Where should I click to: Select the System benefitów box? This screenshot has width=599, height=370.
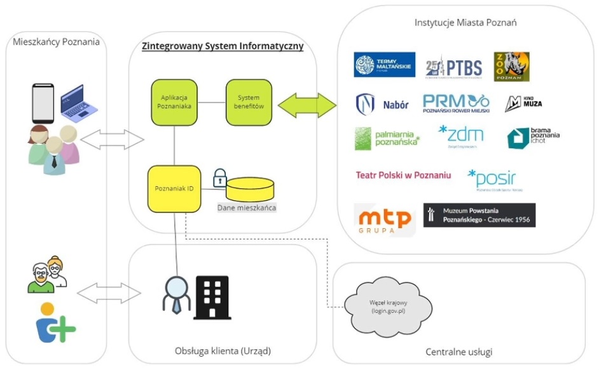pyautogui.click(x=249, y=102)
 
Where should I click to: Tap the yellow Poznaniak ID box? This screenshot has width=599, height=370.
pyautogui.click(x=174, y=189)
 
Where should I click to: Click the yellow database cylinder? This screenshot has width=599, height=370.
pyautogui.click(x=251, y=189)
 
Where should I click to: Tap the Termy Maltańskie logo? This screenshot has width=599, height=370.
pyautogui.click(x=385, y=65)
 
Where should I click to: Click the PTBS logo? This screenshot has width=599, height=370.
pyautogui.click(x=453, y=66)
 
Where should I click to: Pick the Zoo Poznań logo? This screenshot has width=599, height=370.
pyautogui.click(x=512, y=66)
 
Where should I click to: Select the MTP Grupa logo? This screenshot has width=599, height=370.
pyautogui.click(x=385, y=218)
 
